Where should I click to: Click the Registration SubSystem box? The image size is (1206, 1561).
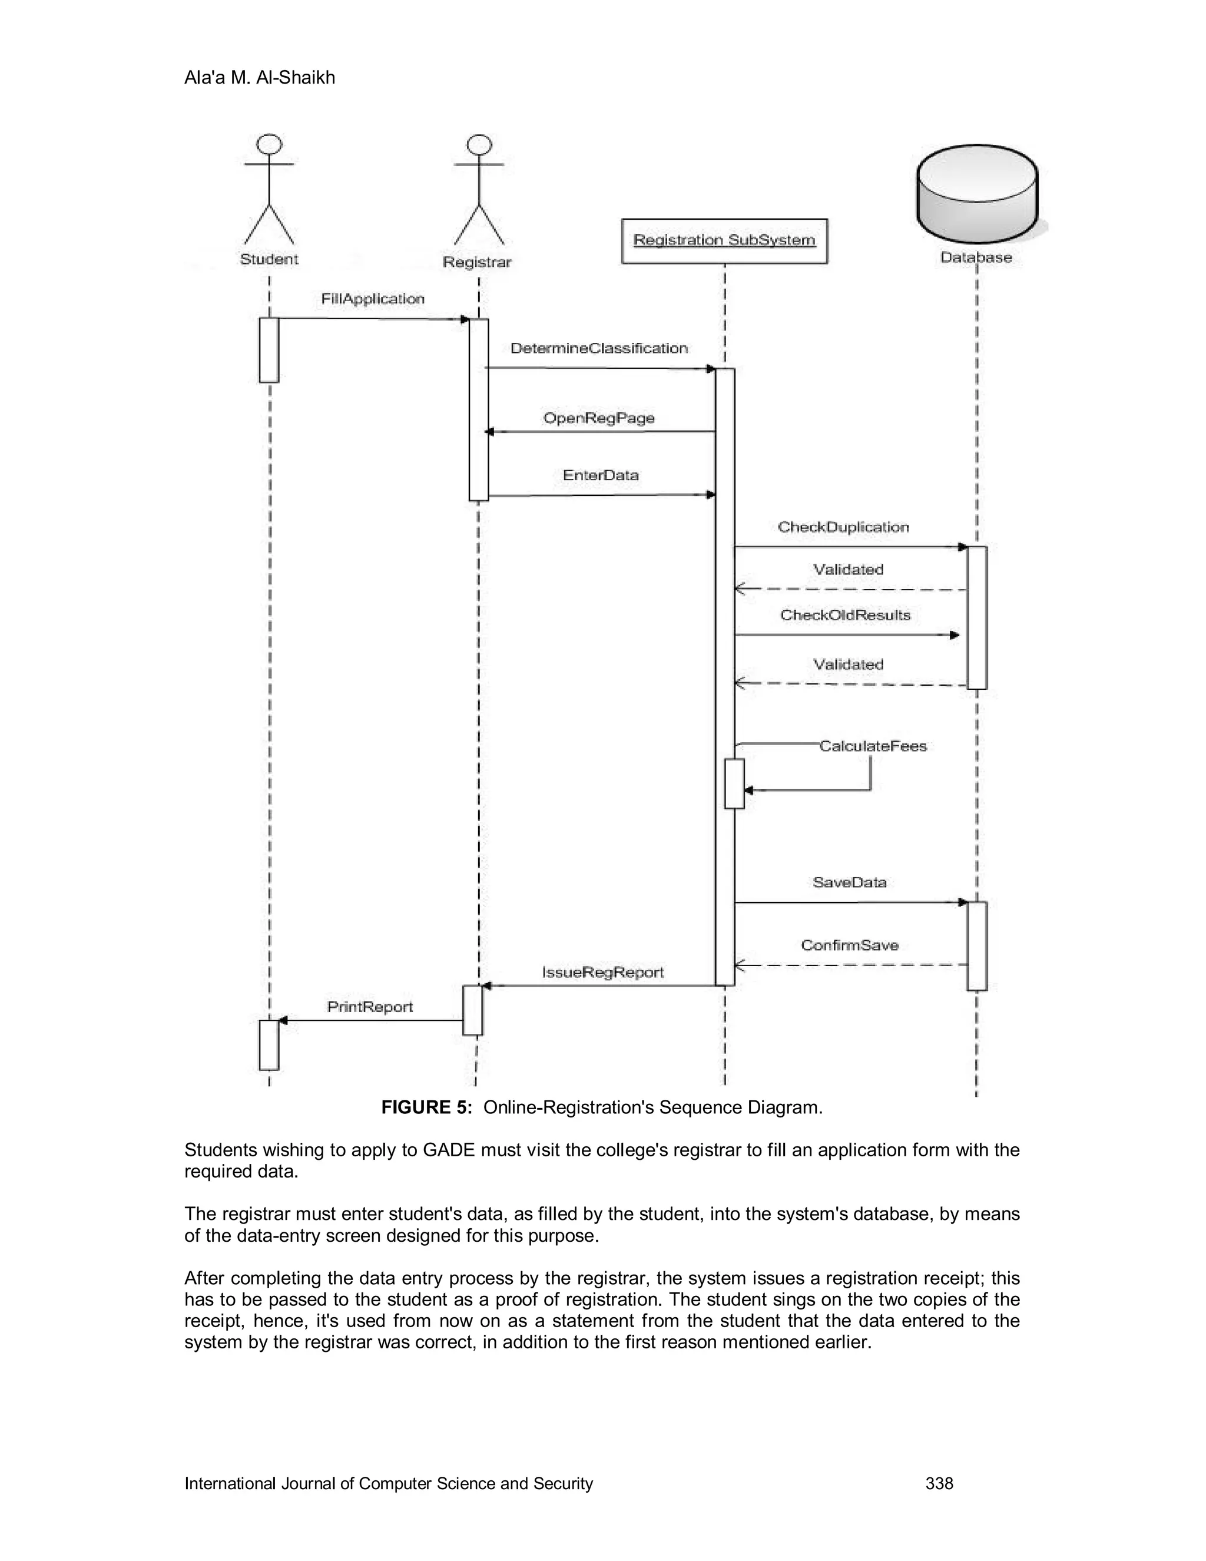[724, 241]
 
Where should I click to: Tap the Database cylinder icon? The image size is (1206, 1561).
[977, 194]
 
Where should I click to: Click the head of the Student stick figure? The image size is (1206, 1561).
[269, 144]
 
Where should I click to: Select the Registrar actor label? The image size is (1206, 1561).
[477, 262]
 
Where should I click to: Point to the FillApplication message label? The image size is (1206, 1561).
[372, 299]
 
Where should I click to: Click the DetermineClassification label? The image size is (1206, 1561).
[599, 348]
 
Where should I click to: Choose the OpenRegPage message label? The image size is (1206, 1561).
[599, 418]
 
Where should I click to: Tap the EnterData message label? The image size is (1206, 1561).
[600, 475]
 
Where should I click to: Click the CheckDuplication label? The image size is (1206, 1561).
[843, 527]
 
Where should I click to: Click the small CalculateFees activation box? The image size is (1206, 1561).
[734, 783]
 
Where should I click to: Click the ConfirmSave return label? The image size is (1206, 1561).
[850, 945]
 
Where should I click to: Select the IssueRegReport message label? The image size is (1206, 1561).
[603, 972]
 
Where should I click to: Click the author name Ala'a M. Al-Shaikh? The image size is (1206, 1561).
[259, 77]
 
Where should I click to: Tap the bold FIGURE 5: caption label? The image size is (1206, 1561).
[426, 1107]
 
